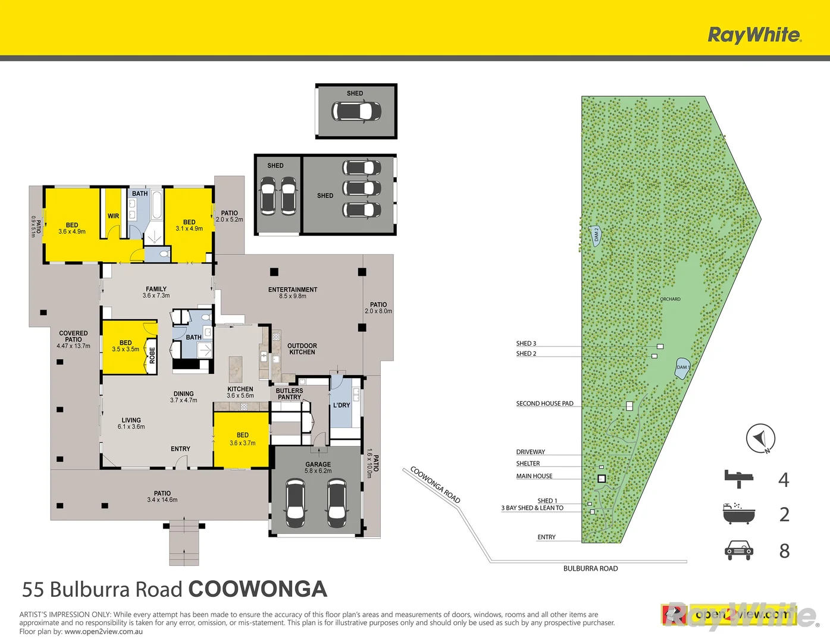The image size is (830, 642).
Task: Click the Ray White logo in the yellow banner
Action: pyautogui.click(x=754, y=34)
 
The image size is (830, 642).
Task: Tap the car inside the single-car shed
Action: pyautogui.click(x=356, y=111)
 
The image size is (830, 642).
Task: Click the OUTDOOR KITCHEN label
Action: pyautogui.click(x=302, y=349)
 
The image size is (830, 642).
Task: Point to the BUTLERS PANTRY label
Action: pyautogui.click(x=289, y=394)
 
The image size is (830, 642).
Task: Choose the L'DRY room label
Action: pyautogui.click(x=342, y=405)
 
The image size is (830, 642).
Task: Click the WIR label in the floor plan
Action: pyautogui.click(x=113, y=216)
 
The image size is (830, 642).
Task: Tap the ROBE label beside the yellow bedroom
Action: pyautogui.click(x=152, y=355)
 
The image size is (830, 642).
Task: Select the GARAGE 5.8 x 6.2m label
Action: pyautogui.click(x=318, y=468)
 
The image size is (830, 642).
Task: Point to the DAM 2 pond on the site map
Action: pyautogui.click(x=596, y=235)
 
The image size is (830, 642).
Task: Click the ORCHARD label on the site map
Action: pyautogui.click(x=671, y=299)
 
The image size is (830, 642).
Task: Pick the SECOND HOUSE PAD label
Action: pyautogui.click(x=544, y=404)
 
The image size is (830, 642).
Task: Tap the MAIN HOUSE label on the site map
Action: pyautogui.click(x=534, y=476)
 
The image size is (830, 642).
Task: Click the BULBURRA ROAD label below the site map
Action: pyautogui.click(x=590, y=569)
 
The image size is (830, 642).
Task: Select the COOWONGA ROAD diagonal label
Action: pyautogui.click(x=436, y=485)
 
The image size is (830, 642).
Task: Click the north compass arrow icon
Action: pyautogui.click(x=760, y=439)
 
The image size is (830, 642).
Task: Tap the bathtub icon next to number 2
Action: pyautogui.click(x=738, y=514)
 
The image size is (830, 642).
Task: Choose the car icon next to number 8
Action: pyautogui.click(x=739, y=550)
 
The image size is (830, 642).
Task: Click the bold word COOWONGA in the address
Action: pyautogui.click(x=258, y=589)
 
